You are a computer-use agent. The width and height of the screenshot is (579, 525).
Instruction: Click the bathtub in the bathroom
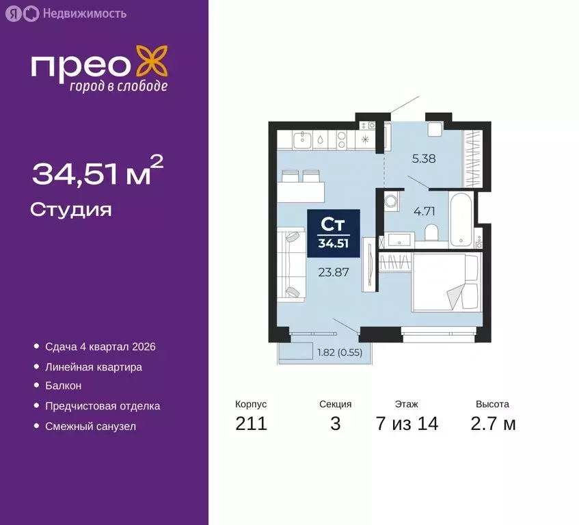[461, 219]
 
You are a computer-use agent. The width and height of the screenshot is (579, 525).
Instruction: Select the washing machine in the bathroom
[392, 202]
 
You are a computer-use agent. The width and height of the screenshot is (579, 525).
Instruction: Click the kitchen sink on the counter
[301, 140]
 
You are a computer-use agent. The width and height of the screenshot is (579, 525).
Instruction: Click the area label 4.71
[423, 211]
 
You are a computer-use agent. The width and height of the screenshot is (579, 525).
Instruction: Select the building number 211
[251, 424]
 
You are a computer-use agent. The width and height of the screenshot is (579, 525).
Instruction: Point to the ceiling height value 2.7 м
[492, 424]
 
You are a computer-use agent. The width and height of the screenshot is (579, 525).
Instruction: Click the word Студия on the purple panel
[71, 209]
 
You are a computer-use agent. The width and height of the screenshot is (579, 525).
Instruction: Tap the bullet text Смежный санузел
[90, 426]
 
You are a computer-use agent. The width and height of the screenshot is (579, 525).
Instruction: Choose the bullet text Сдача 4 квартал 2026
[100, 347]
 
